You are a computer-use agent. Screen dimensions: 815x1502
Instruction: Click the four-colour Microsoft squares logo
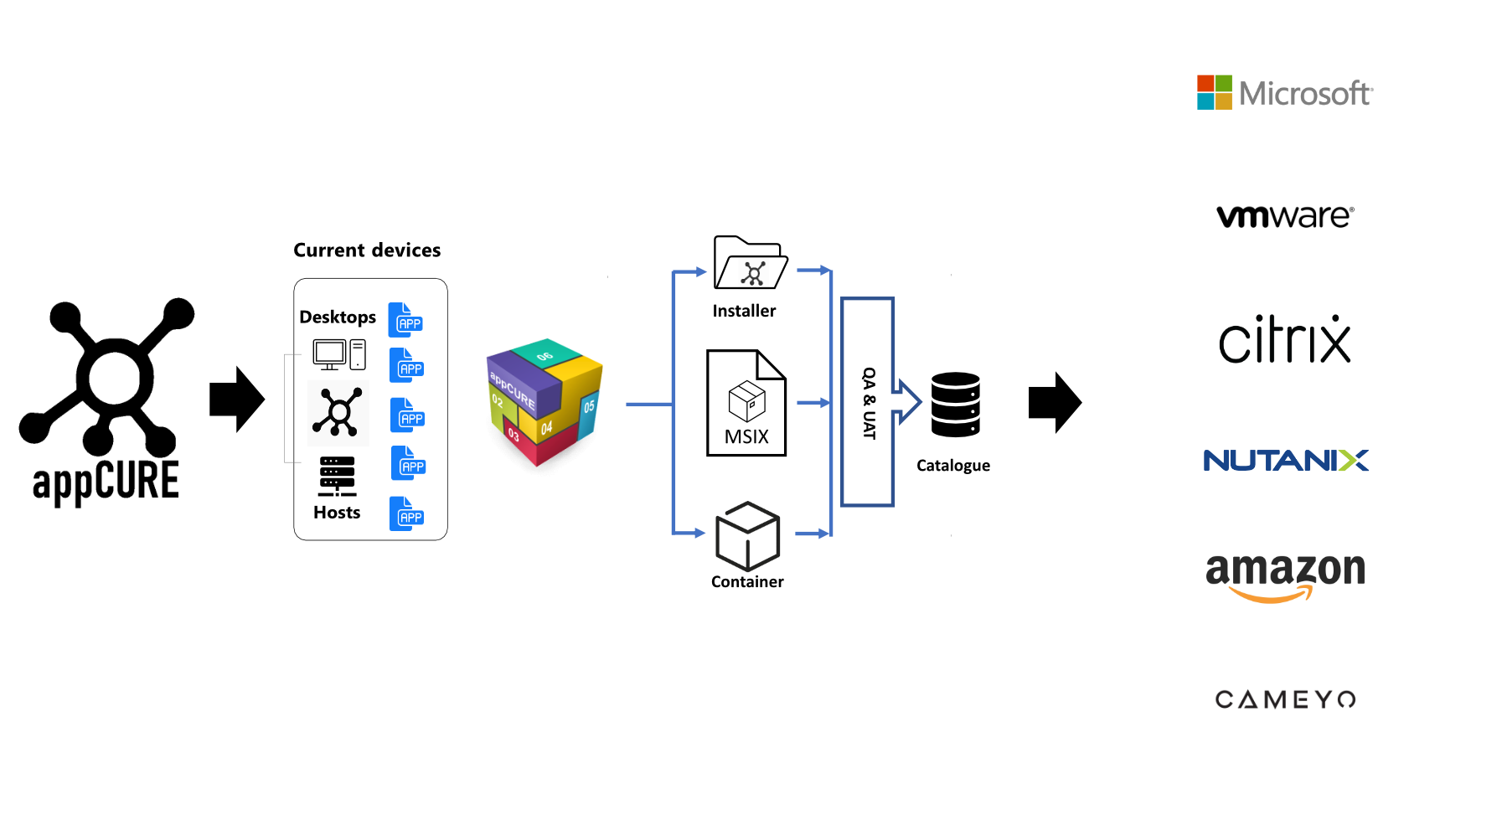point(1214,92)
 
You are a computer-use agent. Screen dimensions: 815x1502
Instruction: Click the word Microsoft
point(1305,93)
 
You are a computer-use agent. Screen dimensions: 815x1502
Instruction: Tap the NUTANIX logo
point(1285,461)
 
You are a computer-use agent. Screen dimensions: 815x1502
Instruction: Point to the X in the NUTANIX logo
point(1353,461)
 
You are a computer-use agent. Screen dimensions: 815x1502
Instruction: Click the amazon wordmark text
point(1285,570)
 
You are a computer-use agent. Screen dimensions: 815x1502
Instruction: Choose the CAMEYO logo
point(1285,699)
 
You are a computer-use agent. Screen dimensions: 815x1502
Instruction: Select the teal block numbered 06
point(545,354)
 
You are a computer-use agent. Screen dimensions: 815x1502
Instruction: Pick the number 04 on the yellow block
point(546,428)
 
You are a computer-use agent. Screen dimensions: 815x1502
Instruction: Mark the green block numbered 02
point(498,405)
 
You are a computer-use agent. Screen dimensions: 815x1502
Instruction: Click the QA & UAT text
point(869,403)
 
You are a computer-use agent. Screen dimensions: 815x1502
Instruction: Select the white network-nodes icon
point(753,273)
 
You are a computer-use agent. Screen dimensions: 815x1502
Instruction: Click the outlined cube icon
point(747,537)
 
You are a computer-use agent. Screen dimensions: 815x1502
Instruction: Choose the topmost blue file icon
point(405,320)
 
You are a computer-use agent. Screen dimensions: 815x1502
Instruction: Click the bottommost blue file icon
point(405,513)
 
